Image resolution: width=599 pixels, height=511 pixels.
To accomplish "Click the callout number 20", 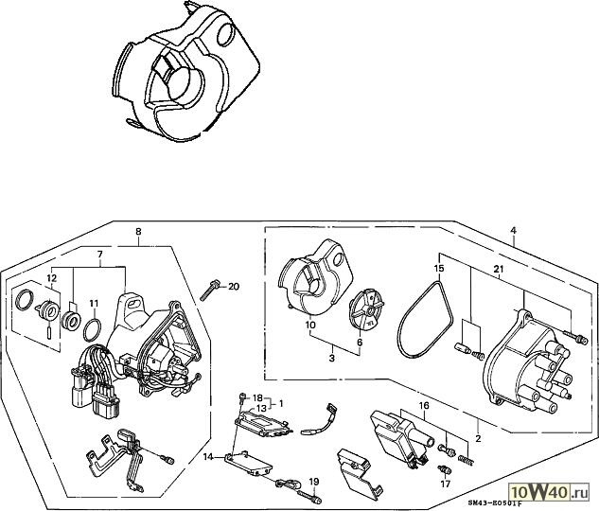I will (x=235, y=287).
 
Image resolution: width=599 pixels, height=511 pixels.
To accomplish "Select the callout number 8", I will (x=139, y=232).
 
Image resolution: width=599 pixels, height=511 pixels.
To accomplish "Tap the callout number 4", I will (x=513, y=231).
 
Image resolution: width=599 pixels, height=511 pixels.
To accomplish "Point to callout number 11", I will (x=94, y=304).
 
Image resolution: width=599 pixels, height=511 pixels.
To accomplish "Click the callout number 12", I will (x=52, y=278).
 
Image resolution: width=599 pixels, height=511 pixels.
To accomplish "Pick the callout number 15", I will (x=438, y=271).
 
